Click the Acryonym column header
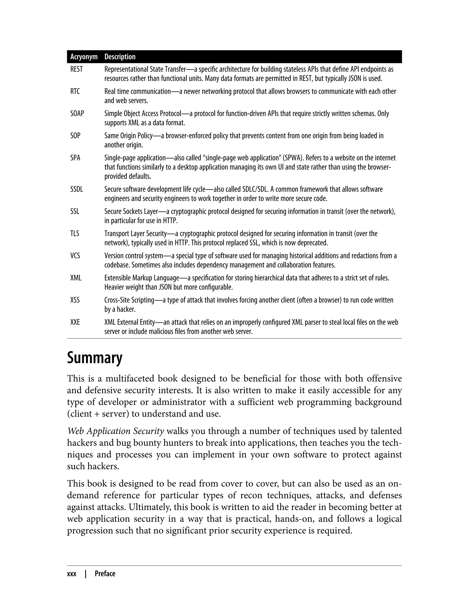84,57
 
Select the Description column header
120,57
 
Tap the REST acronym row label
76,69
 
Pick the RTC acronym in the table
75,91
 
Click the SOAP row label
77,113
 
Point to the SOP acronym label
75,136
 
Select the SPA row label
75,158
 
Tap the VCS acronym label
75,256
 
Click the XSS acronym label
75,300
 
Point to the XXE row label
75,322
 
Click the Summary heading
95,358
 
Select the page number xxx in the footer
72,574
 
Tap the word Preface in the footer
105,574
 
